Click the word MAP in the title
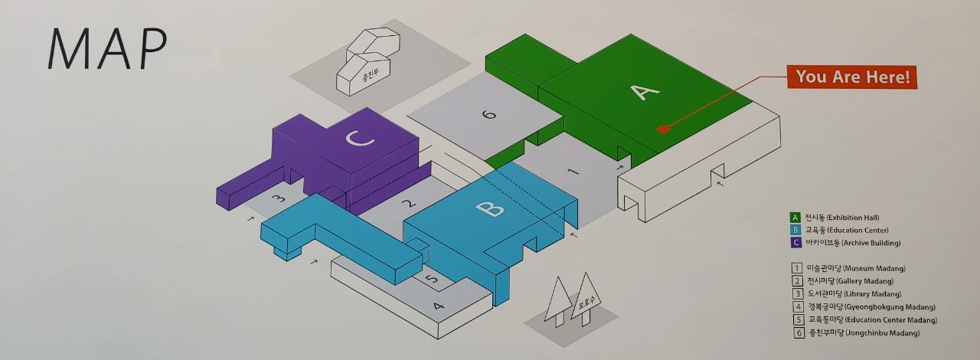tap(107, 50)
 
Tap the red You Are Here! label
tap(852, 77)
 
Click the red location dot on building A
tap(663, 129)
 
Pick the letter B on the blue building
tap(490, 208)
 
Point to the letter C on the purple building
tap(358, 139)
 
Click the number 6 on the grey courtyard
tap(489, 116)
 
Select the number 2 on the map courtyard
tap(409, 204)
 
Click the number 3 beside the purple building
tap(279, 198)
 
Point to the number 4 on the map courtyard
tap(438, 306)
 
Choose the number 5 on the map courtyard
tap(433, 280)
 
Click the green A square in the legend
tap(796, 218)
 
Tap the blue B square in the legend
tap(796, 230)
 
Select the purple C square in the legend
tap(796, 243)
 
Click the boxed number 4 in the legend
tap(797, 307)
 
